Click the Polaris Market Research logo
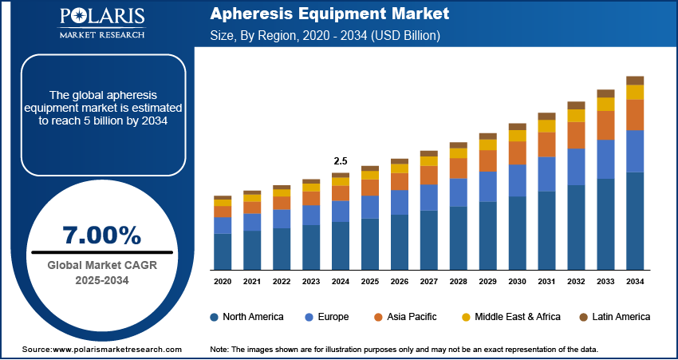101,24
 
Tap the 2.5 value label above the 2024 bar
340,160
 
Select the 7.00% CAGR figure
101,235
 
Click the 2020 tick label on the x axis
223,282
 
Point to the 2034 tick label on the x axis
635,282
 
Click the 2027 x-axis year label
428,282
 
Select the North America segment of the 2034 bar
635,220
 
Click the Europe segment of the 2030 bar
517,180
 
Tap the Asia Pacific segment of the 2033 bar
605,125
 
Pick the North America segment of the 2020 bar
223,251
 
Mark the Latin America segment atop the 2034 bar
635,81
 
